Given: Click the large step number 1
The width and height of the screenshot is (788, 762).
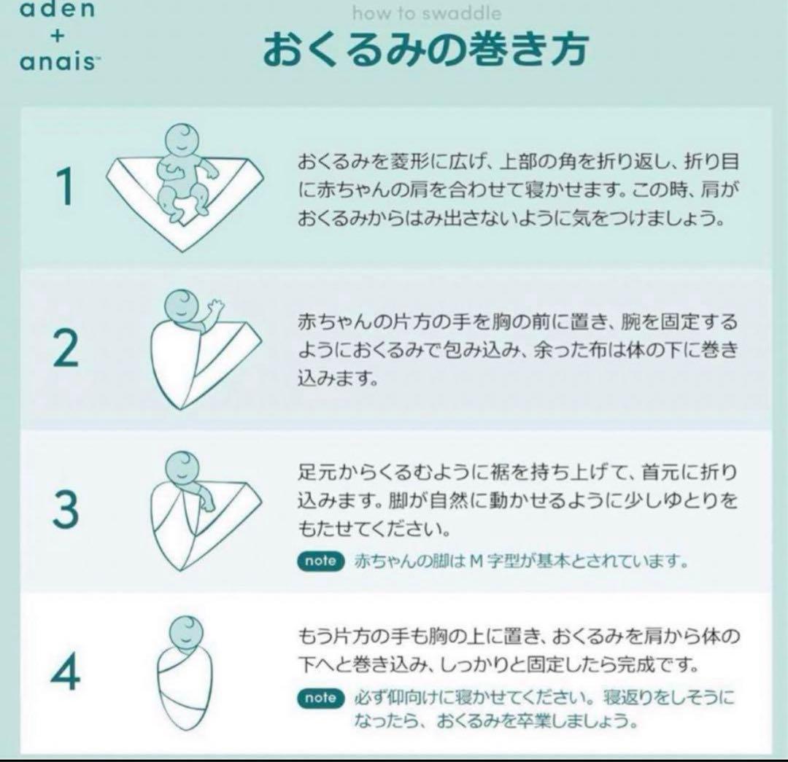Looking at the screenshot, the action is point(66,186).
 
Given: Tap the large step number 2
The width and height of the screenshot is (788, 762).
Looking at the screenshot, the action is point(66,348).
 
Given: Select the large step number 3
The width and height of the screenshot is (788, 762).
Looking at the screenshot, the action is point(66,509).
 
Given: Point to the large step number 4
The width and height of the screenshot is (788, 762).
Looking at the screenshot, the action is point(66,671).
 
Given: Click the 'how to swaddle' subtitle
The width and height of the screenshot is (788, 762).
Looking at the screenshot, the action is point(427,13).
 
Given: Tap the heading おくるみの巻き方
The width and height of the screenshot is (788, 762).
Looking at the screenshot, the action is point(425,49).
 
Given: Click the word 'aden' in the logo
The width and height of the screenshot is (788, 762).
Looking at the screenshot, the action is point(57,9).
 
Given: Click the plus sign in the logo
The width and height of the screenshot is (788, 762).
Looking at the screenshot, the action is point(58,35).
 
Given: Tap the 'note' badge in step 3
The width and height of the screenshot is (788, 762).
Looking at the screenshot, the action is point(320,561).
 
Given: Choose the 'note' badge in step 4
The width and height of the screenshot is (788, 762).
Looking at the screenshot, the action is point(320,698).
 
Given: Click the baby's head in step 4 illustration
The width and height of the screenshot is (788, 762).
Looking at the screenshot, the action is point(186,632).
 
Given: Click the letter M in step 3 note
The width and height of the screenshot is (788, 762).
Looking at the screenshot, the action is point(476,561).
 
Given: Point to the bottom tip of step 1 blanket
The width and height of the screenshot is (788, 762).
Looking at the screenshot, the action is point(184,251).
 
